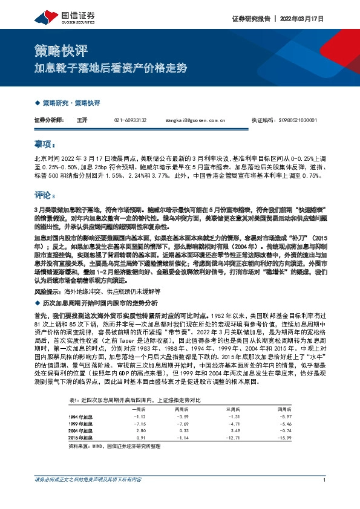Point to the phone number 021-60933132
pos(130,121)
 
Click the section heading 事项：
pos(45,146)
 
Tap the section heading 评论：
pos(45,195)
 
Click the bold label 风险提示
pos(48,291)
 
